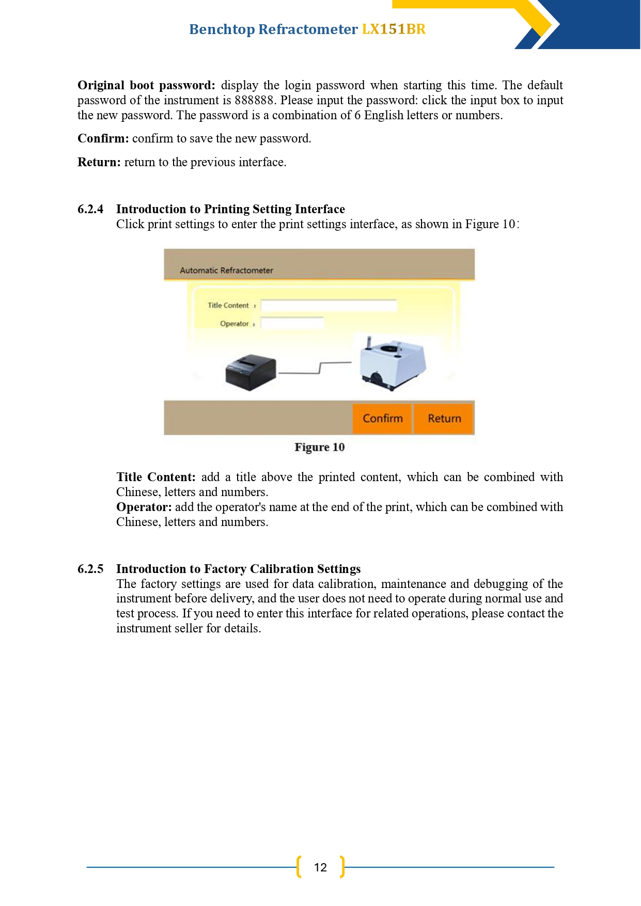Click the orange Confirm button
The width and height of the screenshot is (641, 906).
click(382, 418)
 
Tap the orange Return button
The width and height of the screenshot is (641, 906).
click(444, 418)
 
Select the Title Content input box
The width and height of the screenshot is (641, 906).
click(329, 306)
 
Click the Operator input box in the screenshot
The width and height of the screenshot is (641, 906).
click(292, 323)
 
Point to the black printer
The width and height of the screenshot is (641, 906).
click(251, 372)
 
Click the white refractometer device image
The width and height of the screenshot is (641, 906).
click(393, 363)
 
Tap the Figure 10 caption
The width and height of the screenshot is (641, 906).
click(320, 447)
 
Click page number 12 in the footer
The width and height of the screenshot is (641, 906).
click(320, 867)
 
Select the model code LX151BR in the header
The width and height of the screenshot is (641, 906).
click(394, 29)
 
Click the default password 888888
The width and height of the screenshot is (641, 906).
click(254, 100)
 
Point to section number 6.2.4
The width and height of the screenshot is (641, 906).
click(90, 209)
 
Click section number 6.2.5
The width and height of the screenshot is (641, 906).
click(90, 569)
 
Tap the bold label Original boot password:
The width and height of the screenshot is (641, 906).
click(146, 85)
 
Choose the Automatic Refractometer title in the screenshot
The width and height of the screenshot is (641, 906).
click(226, 270)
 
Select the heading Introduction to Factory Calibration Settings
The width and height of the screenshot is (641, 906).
click(238, 569)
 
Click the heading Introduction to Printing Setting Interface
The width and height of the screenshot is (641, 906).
click(230, 209)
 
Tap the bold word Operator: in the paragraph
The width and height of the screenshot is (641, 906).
click(144, 507)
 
